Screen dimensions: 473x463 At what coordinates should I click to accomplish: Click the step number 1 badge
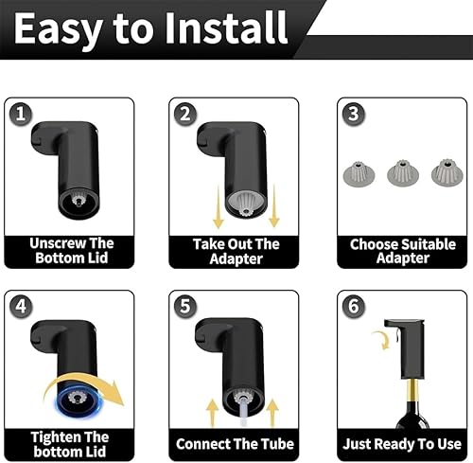pyautogui.click(x=21, y=114)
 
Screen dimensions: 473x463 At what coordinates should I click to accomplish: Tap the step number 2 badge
pyautogui.click(x=185, y=114)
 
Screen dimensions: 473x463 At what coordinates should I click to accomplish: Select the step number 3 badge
pyautogui.click(x=354, y=114)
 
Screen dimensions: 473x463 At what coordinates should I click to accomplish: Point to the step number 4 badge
pyautogui.click(x=21, y=307)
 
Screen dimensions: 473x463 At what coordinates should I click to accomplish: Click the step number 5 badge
pyautogui.click(x=185, y=307)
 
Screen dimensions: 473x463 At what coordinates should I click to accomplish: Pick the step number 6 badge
pyautogui.click(x=354, y=307)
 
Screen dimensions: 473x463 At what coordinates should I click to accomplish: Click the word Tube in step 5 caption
pyautogui.click(x=277, y=444)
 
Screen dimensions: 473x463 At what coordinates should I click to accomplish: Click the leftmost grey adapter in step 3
pyautogui.click(x=359, y=173)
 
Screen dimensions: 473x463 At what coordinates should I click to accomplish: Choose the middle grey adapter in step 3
pyautogui.click(x=403, y=173)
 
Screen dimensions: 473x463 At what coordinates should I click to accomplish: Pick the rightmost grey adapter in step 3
pyautogui.click(x=447, y=172)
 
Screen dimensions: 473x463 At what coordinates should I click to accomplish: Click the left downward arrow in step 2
pyautogui.click(x=218, y=206)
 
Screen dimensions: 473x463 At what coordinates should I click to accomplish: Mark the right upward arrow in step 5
pyautogui.click(x=272, y=413)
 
